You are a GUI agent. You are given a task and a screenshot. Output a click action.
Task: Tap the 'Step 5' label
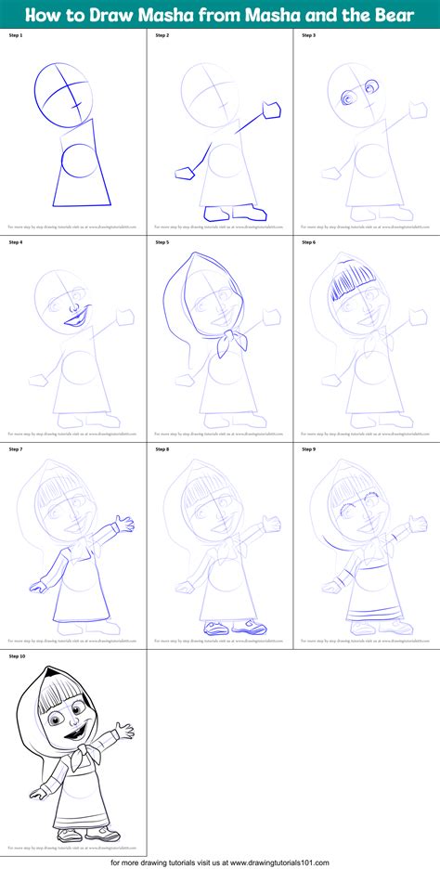(x=162, y=242)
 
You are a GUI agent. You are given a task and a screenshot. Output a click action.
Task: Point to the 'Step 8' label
(x=162, y=449)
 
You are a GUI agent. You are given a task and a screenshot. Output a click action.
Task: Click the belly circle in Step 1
(x=77, y=159)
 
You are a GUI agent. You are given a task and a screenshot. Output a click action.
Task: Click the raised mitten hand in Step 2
(x=272, y=110)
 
